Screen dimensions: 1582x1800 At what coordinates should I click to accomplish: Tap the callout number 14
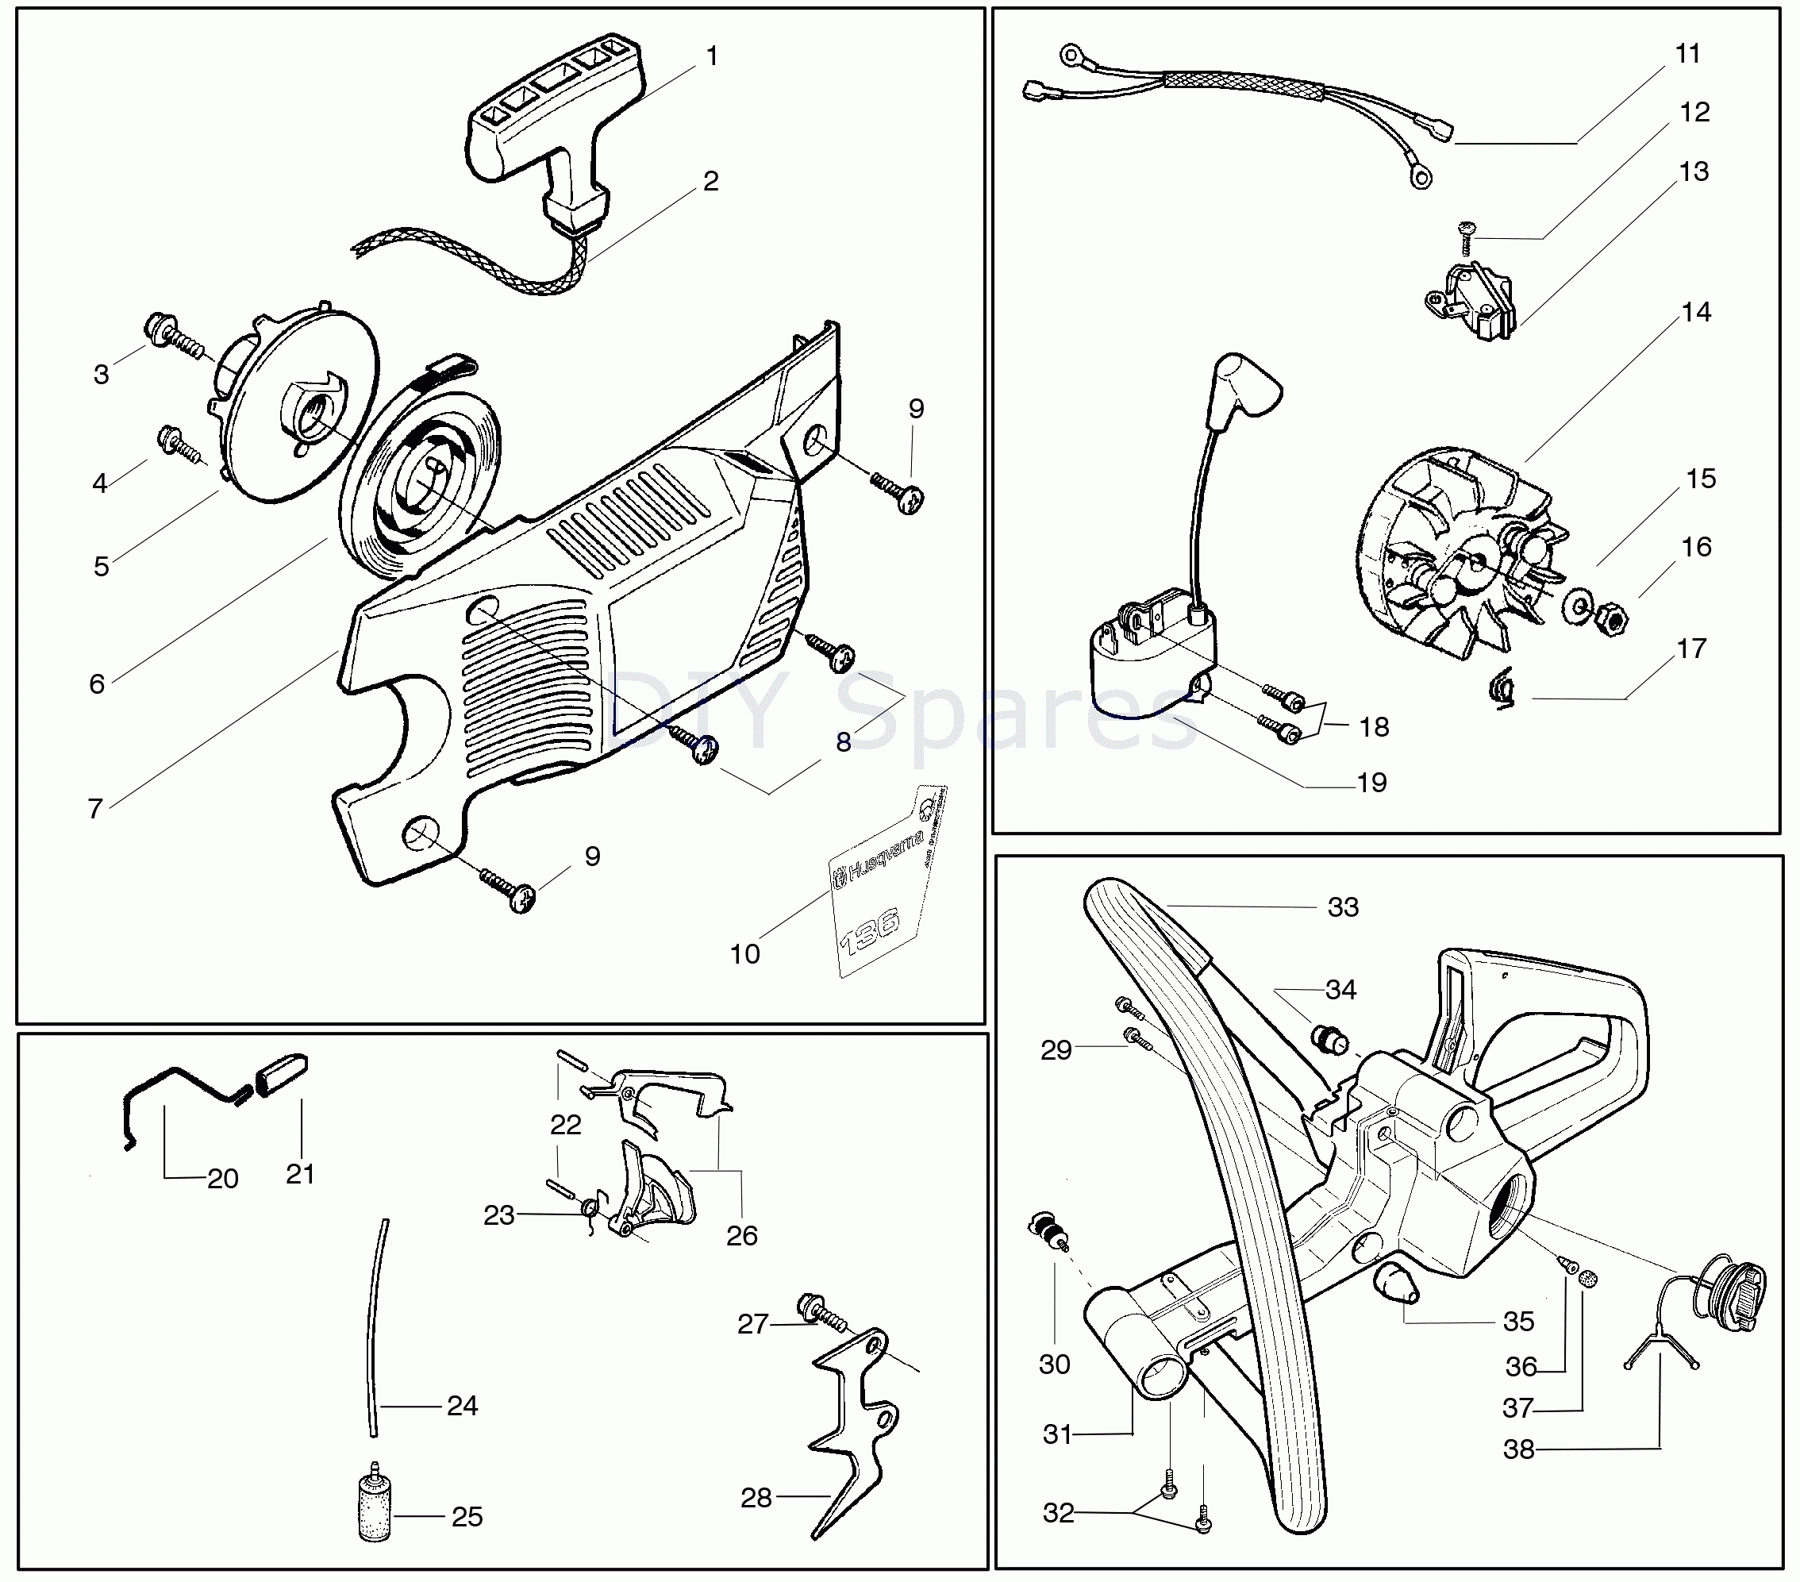1695,312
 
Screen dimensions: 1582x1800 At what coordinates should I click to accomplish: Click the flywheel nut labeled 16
1613,620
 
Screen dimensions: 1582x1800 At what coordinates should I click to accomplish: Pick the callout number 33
1342,906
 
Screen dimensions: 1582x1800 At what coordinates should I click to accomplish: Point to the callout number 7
95,809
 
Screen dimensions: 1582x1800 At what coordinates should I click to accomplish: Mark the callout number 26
741,1235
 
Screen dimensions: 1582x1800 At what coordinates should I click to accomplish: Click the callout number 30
1054,1365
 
